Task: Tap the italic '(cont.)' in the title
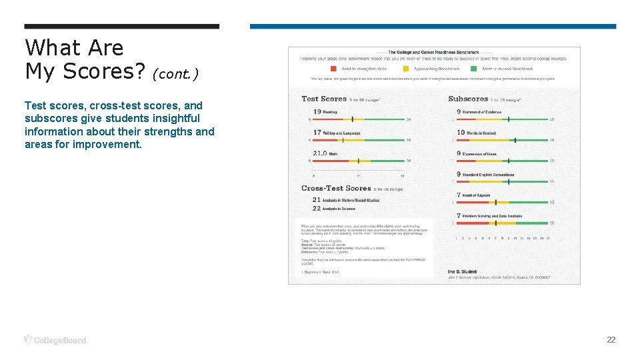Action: pos(175,73)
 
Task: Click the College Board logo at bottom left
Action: pos(55,340)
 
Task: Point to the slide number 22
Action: pos(611,340)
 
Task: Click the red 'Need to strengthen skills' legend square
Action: pos(333,69)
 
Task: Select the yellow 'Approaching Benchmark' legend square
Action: pos(406,69)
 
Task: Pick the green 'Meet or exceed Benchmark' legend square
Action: pos(474,69)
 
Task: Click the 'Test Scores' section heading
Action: pos(324,99)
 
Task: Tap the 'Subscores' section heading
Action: pos(468,99)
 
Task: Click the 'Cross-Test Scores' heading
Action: pos(336,189)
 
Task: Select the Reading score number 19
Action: pos(317,111)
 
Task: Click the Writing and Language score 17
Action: pos(317,133)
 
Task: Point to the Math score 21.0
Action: pos(320,153)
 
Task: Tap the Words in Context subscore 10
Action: pos(461,133)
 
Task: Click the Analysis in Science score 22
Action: pos(317,209)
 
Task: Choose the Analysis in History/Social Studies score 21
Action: pos(317,199)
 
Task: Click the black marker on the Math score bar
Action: pos(359,161)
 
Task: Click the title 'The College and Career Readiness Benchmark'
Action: pos(433,52)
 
